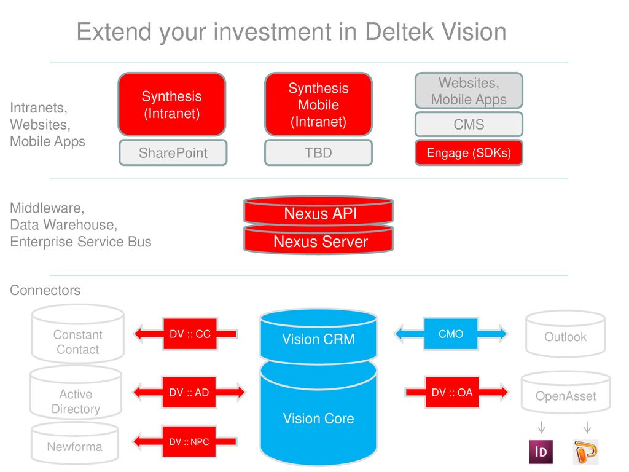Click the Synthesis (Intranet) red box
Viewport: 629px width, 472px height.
click(172, 104)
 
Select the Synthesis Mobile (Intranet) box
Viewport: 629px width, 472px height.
click(319, 104)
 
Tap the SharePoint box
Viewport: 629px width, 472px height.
click(173, 152)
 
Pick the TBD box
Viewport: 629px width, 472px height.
click(319, 152)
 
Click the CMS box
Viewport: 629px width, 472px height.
click(469, 124)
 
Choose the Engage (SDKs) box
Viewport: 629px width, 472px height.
click(469, 152)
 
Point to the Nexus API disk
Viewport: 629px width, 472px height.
click(319, 211)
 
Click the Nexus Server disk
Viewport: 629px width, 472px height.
click(319, 240)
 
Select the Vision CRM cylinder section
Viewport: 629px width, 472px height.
click(319, 336)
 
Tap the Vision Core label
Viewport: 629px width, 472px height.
click(319, 419)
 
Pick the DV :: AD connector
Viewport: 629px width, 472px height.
click(189, 392)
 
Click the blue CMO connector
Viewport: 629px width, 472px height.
click(451, 334)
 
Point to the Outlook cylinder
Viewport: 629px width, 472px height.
click(565, 334)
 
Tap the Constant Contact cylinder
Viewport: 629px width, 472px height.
click(78, 334)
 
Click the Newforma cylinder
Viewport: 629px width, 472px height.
click(74, 443)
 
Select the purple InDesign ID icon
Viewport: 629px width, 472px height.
click(541, 452)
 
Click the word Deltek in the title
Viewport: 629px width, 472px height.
click(399, 32)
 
